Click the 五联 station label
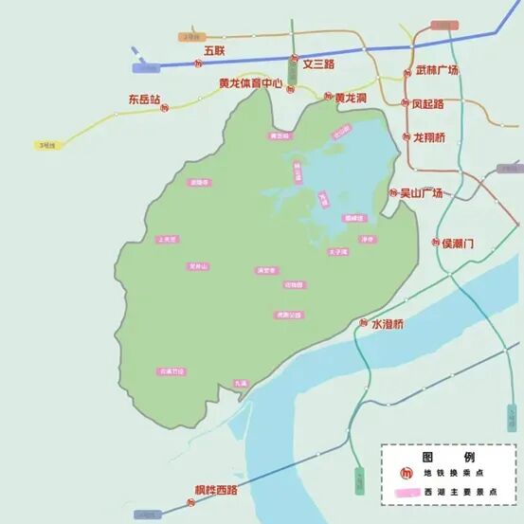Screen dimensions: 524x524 click(214, 49)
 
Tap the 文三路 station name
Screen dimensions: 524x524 click(319, 63)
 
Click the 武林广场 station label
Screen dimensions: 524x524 click(437, 70)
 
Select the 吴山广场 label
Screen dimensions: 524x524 click(421, 192)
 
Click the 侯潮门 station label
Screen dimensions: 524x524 click(458, 244)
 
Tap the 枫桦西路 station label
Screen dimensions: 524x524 click(216, 490)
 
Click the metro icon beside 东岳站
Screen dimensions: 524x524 click(165, 108)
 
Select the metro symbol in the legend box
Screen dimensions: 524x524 click(407, 472)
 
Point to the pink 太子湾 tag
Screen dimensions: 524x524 click(338, 252)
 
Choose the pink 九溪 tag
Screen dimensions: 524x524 click(240, 383)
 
